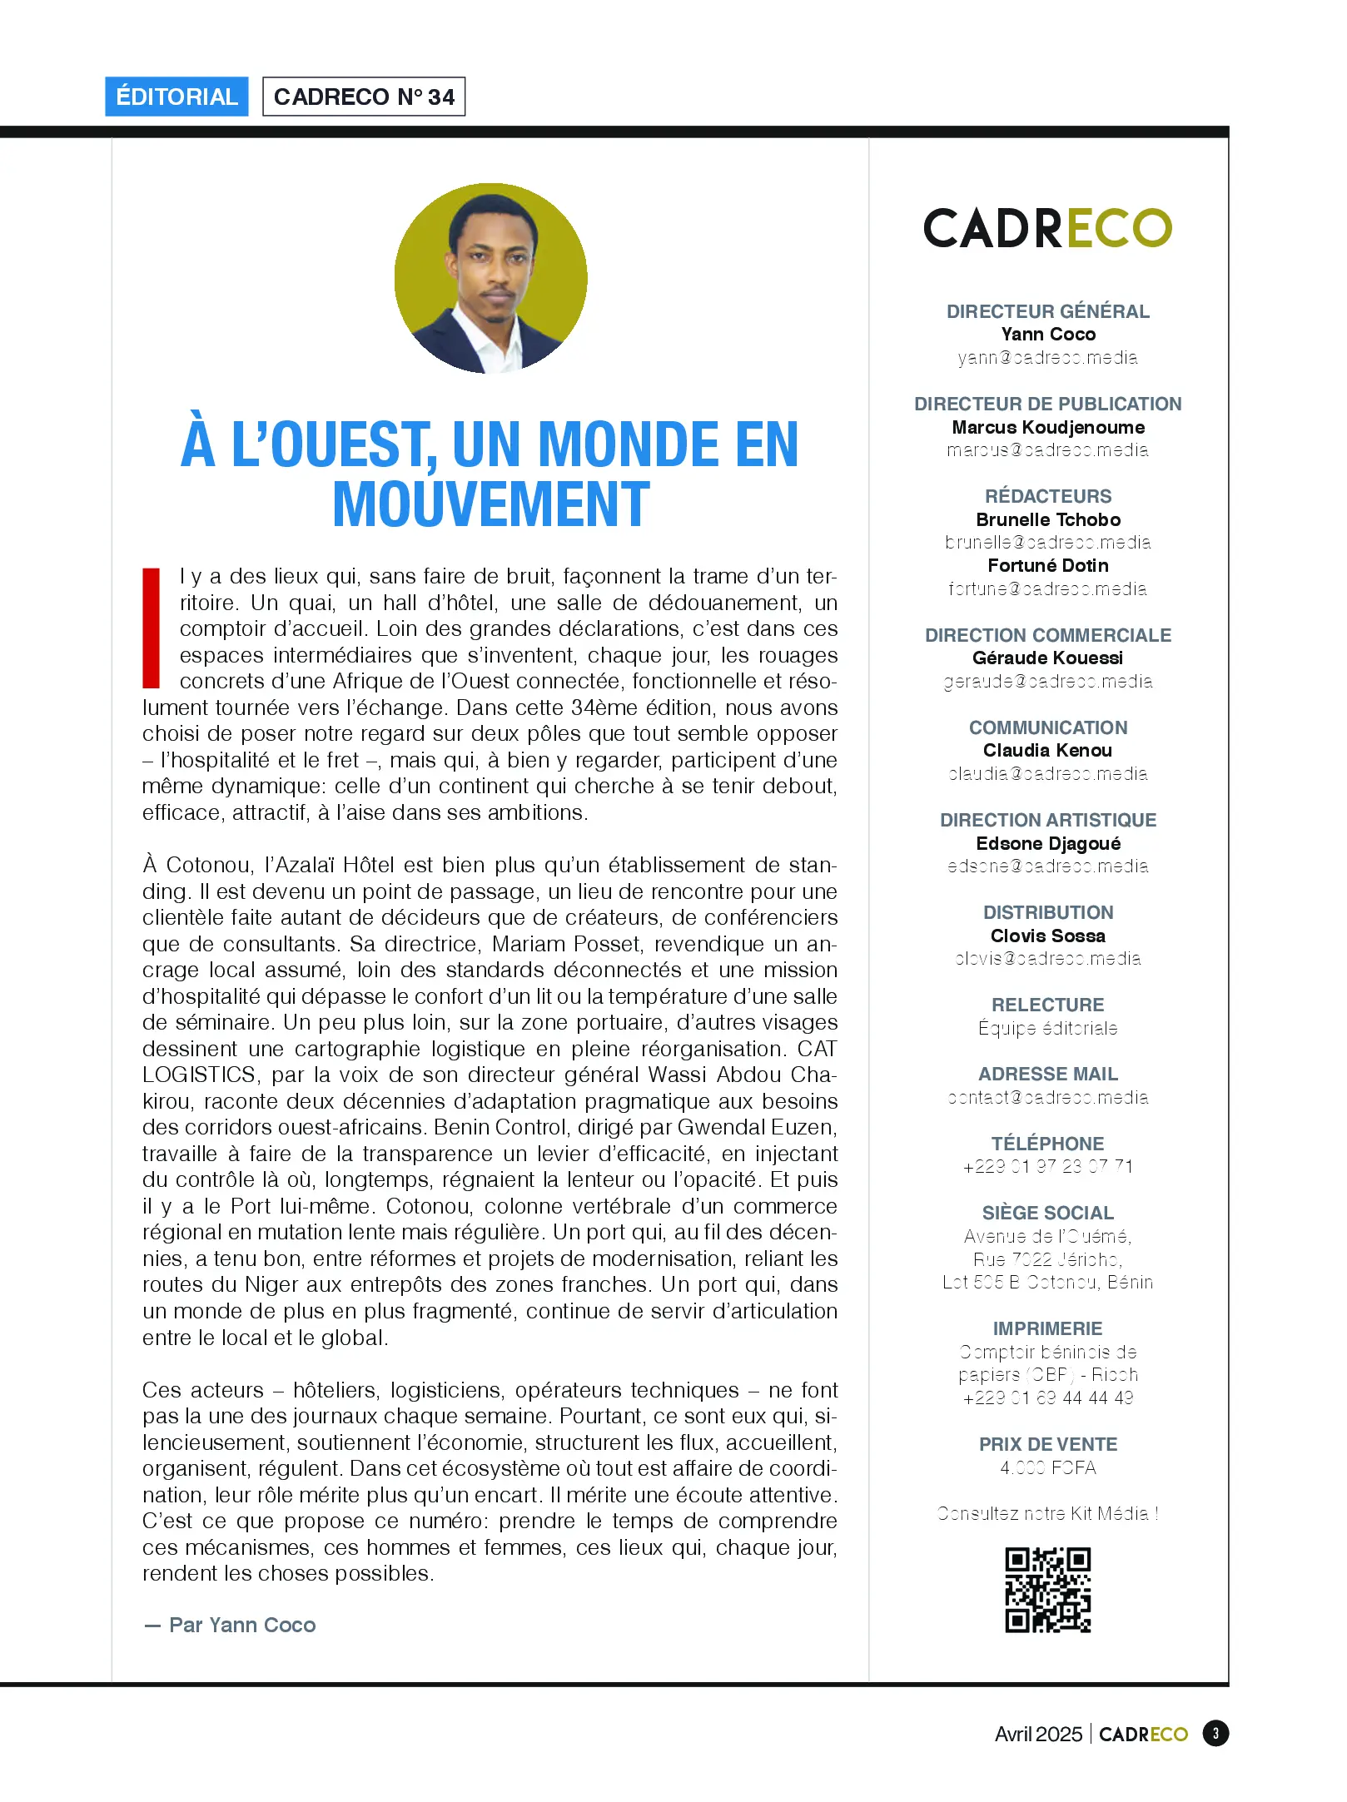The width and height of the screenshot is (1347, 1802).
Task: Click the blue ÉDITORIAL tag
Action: pyautogui.click(x=176, y=97)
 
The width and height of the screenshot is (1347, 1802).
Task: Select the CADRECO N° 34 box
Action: pyautogui.click(x=364, y=97)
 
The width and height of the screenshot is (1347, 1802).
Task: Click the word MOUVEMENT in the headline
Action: pyautogui.click(x=490, y=505)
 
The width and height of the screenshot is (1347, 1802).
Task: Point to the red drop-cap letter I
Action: pyautogui.click(x=152, y=628)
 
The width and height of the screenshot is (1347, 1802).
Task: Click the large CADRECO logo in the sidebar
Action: pyautogui.click(x=1047, y=228)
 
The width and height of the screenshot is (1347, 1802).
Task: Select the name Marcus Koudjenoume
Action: pyautogui.click(x=1047, y=427)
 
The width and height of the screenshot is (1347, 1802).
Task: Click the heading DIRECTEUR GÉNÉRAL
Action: pyautogui.click(x=1047, y=311)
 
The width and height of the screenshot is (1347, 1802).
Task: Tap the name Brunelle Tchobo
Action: pyautogui.click(x=1047, y=519)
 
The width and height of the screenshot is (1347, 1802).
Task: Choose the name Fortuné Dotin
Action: pyautogui.click(x=1047, y=565)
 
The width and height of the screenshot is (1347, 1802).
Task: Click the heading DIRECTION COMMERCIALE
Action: pyautogui.click(x=1047, y=635)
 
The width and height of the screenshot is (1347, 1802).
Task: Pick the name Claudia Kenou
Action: pyautogui.click(x=1047, y=750)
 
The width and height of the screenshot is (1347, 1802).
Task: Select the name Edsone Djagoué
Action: pyautogui.click(x=1047, y=843)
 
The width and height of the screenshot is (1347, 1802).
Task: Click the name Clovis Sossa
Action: pyautogui.click(x=1047, y=936)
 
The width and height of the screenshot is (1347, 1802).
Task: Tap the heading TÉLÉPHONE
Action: pyautogui.click(x=1047, y=1144)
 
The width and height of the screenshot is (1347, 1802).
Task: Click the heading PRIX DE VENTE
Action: pyautogui.click(x=1047, y=1444)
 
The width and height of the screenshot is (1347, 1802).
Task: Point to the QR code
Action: pyautogui.click(x=1047, y=1590)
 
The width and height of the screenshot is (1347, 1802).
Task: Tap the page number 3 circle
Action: pyautogui.click(x=1215, y=1734)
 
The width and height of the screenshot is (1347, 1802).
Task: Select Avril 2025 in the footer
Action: pyautogui.click(x=1038, y=1734)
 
